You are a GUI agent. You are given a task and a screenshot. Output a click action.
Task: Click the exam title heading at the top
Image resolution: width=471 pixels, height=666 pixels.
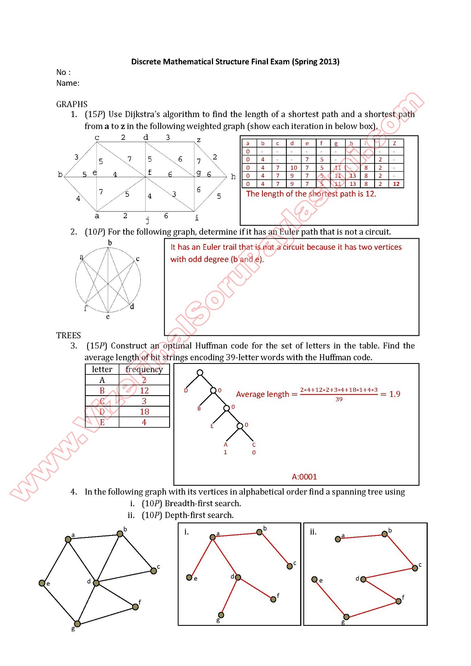point(235,62)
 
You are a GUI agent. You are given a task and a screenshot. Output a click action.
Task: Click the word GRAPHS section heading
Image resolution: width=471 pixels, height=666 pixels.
point(72,104)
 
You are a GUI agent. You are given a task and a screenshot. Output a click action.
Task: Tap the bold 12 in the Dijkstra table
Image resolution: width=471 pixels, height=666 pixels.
point(396,184)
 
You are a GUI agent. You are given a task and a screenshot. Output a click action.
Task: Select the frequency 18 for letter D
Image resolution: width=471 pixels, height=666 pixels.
point(144,412)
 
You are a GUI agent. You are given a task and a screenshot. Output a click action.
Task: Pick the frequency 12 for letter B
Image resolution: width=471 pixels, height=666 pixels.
point(144,391)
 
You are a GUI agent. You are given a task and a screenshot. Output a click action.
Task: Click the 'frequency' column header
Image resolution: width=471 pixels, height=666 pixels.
point(144,369)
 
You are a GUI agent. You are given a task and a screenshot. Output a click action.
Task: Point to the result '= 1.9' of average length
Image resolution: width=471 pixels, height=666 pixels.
point(390,394)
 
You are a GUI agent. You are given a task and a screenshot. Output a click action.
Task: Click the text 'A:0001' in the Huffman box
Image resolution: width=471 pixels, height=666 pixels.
point(304,477)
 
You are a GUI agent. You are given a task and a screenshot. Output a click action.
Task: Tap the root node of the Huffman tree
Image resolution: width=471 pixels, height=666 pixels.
point(200,372)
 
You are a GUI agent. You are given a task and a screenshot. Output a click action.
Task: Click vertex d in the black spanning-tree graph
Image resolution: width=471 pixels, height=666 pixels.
point(96,583)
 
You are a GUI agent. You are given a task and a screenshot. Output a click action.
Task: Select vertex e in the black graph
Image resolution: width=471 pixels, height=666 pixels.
point(42,583)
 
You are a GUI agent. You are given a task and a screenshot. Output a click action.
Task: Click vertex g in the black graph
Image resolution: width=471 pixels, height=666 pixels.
point(77,624)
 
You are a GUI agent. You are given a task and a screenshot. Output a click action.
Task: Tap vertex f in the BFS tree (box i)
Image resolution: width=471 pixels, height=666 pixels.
point(273,599)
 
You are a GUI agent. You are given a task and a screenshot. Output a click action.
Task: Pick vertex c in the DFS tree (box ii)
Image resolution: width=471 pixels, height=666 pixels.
point(415,568)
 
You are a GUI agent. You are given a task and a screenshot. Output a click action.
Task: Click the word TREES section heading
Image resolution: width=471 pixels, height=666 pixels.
point(68,335)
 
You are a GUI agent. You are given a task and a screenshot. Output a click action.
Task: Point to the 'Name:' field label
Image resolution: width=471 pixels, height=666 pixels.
point(68,83)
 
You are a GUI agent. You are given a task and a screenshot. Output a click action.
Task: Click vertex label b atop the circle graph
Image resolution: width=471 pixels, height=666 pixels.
point(110,243)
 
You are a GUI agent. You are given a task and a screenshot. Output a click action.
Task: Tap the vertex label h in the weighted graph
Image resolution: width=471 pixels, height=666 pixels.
point(233,176)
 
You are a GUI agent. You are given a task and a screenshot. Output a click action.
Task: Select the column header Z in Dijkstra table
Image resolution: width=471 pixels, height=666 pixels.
point(394,143)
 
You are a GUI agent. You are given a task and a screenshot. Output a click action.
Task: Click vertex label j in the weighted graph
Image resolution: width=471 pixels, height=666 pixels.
point(147,220)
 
